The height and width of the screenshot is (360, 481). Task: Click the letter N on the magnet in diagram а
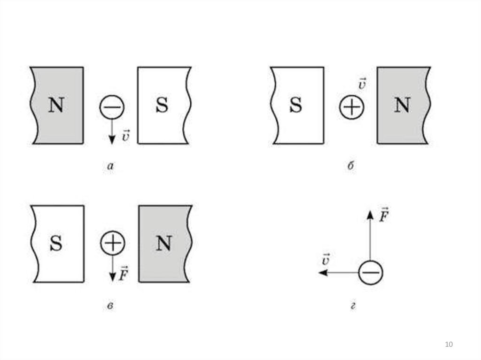coord(56,105)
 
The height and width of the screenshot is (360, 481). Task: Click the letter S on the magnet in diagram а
coord(162,105)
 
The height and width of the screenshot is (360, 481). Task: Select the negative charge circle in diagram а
coord(112,108)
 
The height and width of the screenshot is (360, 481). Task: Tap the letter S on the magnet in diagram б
coord(295,105)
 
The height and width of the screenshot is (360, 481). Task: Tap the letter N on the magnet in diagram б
coord(402,105)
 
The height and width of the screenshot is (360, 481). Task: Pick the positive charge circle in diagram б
coord(352,108)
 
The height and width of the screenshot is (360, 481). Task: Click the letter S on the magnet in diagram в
coord(56,243)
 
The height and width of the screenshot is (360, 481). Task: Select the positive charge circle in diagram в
coord(112,243)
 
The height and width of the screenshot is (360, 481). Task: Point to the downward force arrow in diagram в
coord(112,269)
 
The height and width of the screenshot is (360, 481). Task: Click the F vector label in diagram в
coord(124,274)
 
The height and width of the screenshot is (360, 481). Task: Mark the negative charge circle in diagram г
coord(371,273)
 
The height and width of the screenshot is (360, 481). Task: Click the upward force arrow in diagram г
coord(370,235)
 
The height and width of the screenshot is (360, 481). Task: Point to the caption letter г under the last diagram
coord(352,307)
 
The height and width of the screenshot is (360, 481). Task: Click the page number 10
coord(449,345)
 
